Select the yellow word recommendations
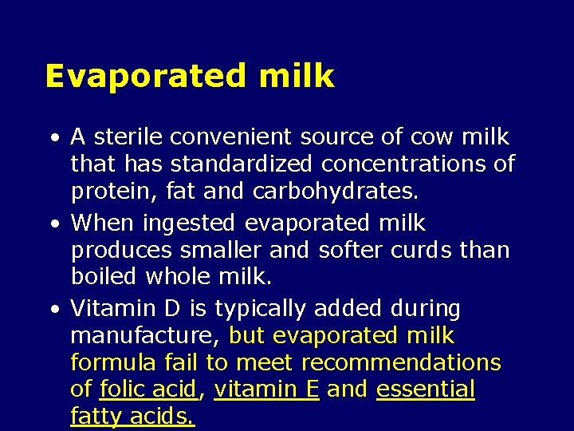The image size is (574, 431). point(401,362)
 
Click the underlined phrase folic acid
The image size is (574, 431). point(147,389)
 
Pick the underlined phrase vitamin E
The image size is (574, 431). point(267,389)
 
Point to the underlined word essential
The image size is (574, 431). point(426,389)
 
